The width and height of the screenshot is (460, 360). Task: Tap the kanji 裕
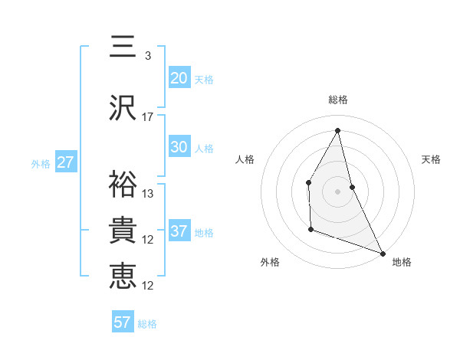click(x=123, y=185)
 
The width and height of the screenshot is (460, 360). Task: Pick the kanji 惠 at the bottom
click(x=123, y=277)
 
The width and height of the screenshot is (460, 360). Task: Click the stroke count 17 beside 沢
click(x=148, y=116)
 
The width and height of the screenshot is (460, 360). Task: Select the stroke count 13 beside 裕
click(x=148, y=194)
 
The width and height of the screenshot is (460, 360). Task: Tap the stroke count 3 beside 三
click(x=148, y=56)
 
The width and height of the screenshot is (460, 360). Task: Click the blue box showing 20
click(x=179, y=78)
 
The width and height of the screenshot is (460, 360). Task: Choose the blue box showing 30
click(x=179, y=147)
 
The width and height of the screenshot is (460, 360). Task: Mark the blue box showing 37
click(x=179, y=231)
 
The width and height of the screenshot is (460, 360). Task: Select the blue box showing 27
click(x=65, y=162)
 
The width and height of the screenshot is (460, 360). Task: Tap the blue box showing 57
click(x=122, y=322)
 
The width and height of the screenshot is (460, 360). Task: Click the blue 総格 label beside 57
click(x=147, y=324)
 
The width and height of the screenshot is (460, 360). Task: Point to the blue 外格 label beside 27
click(x=41, y=163)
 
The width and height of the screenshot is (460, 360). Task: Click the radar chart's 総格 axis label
click(x=338, y=100)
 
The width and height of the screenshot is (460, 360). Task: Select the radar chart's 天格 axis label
click(x=432, y=159)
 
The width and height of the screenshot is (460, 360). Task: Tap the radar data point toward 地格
click(x=383, y=253)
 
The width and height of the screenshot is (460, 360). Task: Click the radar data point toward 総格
click(x=338, y=130)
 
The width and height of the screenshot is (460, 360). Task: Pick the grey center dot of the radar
click(x=338, y=191)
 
